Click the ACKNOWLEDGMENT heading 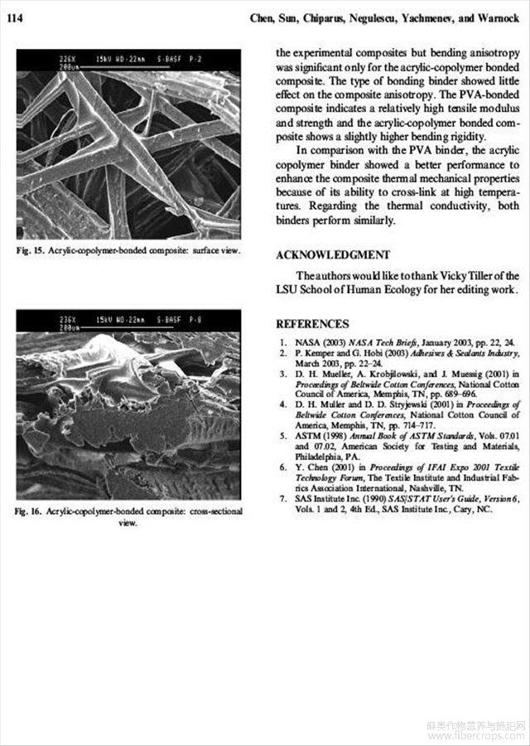332,254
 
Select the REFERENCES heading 312,324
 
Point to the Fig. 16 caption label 31,511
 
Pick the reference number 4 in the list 283,404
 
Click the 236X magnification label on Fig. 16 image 68,318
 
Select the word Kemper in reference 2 316,352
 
